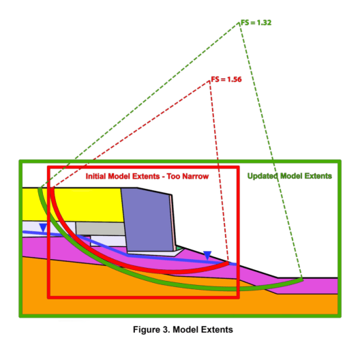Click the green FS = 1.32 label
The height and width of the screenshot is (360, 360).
(x=256, y=22)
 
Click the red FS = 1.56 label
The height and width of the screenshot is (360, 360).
(x=226, y=80)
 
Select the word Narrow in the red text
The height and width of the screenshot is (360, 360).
(x=197, y=177)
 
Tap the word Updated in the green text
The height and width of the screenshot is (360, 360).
(x=262, y=176)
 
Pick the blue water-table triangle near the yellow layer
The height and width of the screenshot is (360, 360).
(x=43, y=228)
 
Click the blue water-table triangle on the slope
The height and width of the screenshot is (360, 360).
(x=207, y=255)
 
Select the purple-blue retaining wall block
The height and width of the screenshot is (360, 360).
(x=148, y=220)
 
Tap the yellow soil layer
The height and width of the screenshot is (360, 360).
(x=73, y=205)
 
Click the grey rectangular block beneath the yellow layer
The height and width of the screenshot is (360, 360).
(x=100, y=228)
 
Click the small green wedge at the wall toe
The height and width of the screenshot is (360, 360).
(x=179, y=248)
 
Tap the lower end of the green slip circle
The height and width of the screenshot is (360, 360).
(x=302, y=280)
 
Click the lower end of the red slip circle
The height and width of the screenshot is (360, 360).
(x=228, y=263)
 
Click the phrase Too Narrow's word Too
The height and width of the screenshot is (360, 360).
(x=173, y=177)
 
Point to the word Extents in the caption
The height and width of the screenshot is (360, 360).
(x=217, y=330)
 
